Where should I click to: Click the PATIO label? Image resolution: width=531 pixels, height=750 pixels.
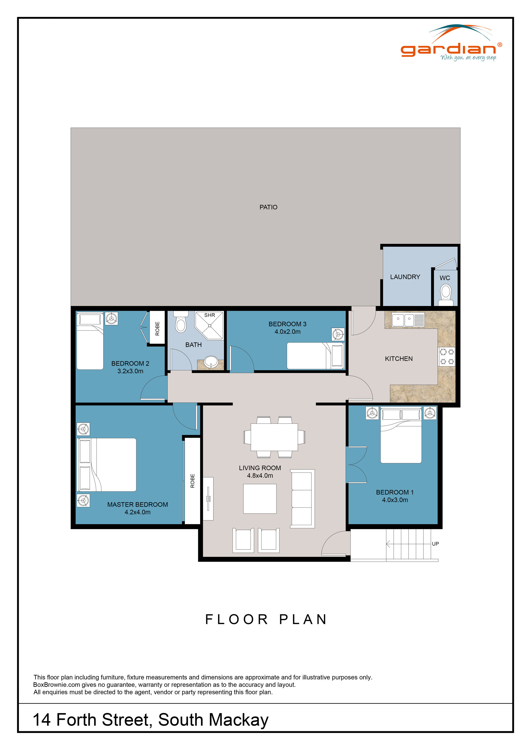[268, 207]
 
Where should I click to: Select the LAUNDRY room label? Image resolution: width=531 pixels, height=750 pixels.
[405, 277]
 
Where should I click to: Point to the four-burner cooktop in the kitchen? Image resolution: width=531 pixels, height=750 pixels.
[447, 356]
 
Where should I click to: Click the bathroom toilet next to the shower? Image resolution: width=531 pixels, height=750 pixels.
[181, 322]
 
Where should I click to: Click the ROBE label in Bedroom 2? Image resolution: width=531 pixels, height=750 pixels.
[157, 328]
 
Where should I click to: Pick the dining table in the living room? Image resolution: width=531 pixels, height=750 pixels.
[274, 437]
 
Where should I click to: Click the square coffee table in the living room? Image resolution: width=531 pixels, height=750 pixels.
[260, 499]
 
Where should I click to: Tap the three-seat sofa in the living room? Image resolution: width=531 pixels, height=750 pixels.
[302, 499]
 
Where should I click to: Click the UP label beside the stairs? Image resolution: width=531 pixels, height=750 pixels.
[435, 544]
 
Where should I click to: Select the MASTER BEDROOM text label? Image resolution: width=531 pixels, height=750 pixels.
[137, 504]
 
